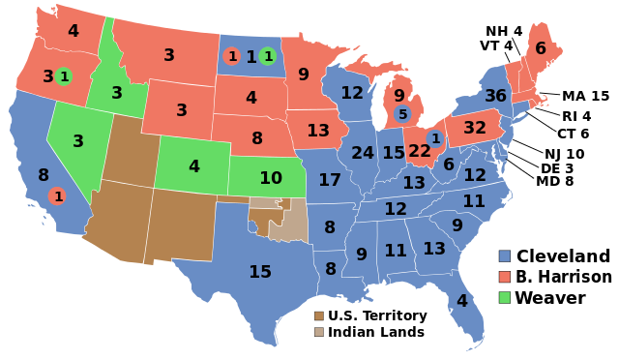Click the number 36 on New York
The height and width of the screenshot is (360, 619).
click(x=495, y=96)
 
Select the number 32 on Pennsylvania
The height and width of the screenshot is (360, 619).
click(x=475, y=128)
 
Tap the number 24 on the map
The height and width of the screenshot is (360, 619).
click(x=363, y=153)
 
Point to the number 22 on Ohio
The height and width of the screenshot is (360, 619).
click(x=420, y=151)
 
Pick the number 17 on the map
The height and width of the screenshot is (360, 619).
click(x=330, y=180)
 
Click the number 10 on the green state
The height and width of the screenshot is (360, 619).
click(x=271, y=178)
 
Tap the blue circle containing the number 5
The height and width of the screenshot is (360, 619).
click(x=403, y=114)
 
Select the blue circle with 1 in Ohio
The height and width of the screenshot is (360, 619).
click(x=435, y=138)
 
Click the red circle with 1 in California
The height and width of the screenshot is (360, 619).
click(x=58, y=196)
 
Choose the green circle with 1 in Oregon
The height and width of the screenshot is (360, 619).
click(x=64, y=76)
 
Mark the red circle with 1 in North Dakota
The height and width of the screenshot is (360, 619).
click(x=232, y=56)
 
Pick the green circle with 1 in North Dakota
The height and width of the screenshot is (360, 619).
click(x=268, y=56)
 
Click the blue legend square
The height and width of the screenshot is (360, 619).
click(x=504, y=256)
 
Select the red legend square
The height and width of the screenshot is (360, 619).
click(x=504, y=277)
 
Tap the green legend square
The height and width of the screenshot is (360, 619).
click(x=504, y=297)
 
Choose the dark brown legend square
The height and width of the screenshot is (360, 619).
click(x=319, y=315)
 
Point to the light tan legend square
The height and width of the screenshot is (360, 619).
click(x=319, y=332)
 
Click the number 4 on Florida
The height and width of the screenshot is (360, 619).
click(x=462, y=301)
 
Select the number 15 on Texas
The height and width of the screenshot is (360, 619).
click(x=260, y=272)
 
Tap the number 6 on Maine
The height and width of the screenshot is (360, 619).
click(x=541, y=48)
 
